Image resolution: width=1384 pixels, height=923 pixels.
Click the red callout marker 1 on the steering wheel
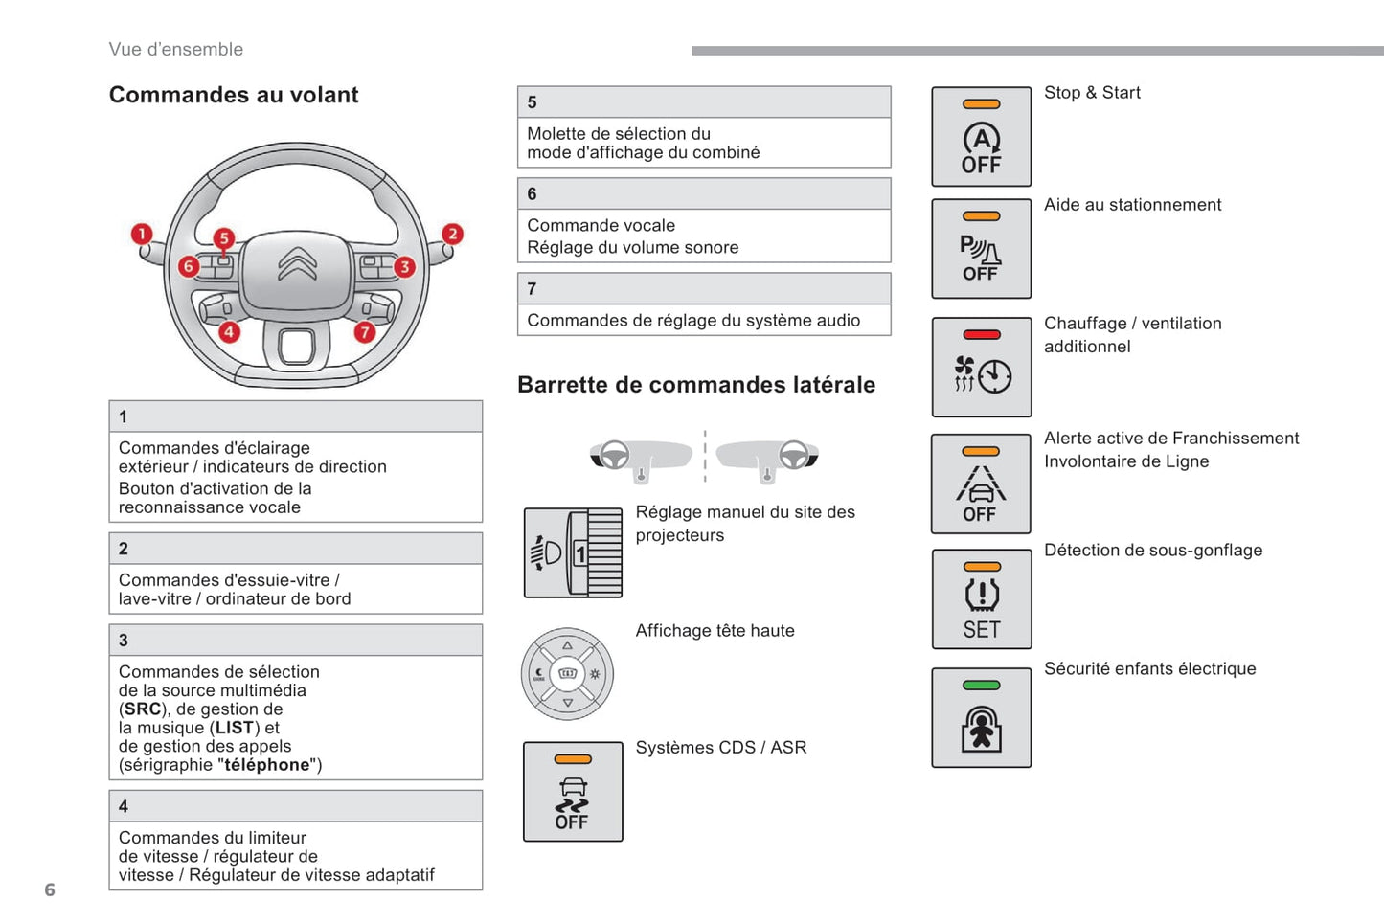pos(142,234)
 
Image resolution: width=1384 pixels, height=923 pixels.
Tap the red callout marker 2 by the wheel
pos(452,234)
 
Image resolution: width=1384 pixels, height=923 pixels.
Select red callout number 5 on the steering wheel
pos(223,237)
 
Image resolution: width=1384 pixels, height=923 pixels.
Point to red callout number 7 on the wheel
pos(364,332)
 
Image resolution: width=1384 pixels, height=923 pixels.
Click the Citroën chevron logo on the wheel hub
pos(297,263)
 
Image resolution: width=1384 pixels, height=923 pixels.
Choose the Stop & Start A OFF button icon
pos(981,137)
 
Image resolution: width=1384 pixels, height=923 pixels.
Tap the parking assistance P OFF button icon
pos(981,249)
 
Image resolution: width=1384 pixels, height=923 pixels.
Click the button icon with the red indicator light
pos(981,368)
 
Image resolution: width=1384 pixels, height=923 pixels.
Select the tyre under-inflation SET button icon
pos(981,599)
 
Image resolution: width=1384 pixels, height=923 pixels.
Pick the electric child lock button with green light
pos(981,718)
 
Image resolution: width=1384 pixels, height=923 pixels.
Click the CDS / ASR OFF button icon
pos(573,792)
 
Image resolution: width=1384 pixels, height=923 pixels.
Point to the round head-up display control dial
pos(567,674)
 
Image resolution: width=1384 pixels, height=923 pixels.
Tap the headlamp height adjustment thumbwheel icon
pos(573,553)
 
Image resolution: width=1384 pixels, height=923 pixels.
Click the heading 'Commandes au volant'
pos(234,95)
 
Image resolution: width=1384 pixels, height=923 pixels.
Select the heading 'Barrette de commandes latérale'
pos(696,385)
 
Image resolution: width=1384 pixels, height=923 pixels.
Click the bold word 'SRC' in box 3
pos(143,709)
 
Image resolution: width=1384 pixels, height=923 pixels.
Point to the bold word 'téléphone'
pos(267,765)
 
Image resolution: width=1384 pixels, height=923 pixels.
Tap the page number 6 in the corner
pos(50,890)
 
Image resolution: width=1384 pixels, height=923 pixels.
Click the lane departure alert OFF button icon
pos(981,484)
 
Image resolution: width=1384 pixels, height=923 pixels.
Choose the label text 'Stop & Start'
pos(1092,93)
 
